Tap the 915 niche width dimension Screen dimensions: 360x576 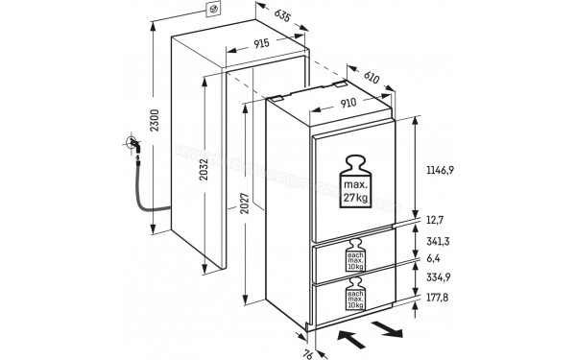263,45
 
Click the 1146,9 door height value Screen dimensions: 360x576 441,169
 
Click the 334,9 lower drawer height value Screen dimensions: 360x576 438,275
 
